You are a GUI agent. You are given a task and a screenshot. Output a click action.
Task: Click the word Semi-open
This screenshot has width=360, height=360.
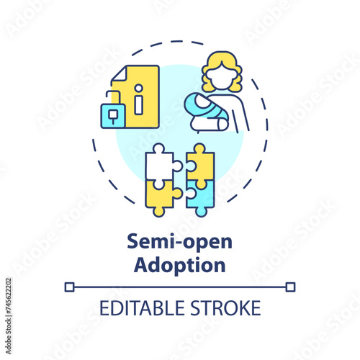point(179,242)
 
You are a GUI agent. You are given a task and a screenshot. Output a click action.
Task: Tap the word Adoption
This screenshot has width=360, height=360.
point(179,265)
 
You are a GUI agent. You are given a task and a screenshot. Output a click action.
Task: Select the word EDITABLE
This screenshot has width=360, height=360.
point(142,308)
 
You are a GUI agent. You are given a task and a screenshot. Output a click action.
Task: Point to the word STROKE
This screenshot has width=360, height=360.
point(225,308)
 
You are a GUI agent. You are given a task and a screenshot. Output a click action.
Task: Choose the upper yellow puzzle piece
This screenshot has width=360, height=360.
point(200,164)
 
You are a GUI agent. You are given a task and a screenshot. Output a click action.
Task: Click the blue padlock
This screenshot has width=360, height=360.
point(113,116)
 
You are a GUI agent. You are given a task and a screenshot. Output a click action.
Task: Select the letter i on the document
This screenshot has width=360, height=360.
point(138,99)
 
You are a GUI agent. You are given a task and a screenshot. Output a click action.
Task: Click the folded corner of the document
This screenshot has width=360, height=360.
point(119,73)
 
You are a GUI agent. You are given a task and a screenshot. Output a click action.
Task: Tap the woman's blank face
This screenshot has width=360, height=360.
point(220,77)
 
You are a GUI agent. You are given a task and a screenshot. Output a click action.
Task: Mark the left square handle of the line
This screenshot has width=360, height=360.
point(69,287)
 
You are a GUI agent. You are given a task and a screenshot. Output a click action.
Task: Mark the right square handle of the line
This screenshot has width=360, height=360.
point(290,287)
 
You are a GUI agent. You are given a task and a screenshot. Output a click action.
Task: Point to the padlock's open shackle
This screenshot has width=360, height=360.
point(112,98)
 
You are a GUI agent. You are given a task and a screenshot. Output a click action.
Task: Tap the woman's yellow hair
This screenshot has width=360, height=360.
point(222,71)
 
